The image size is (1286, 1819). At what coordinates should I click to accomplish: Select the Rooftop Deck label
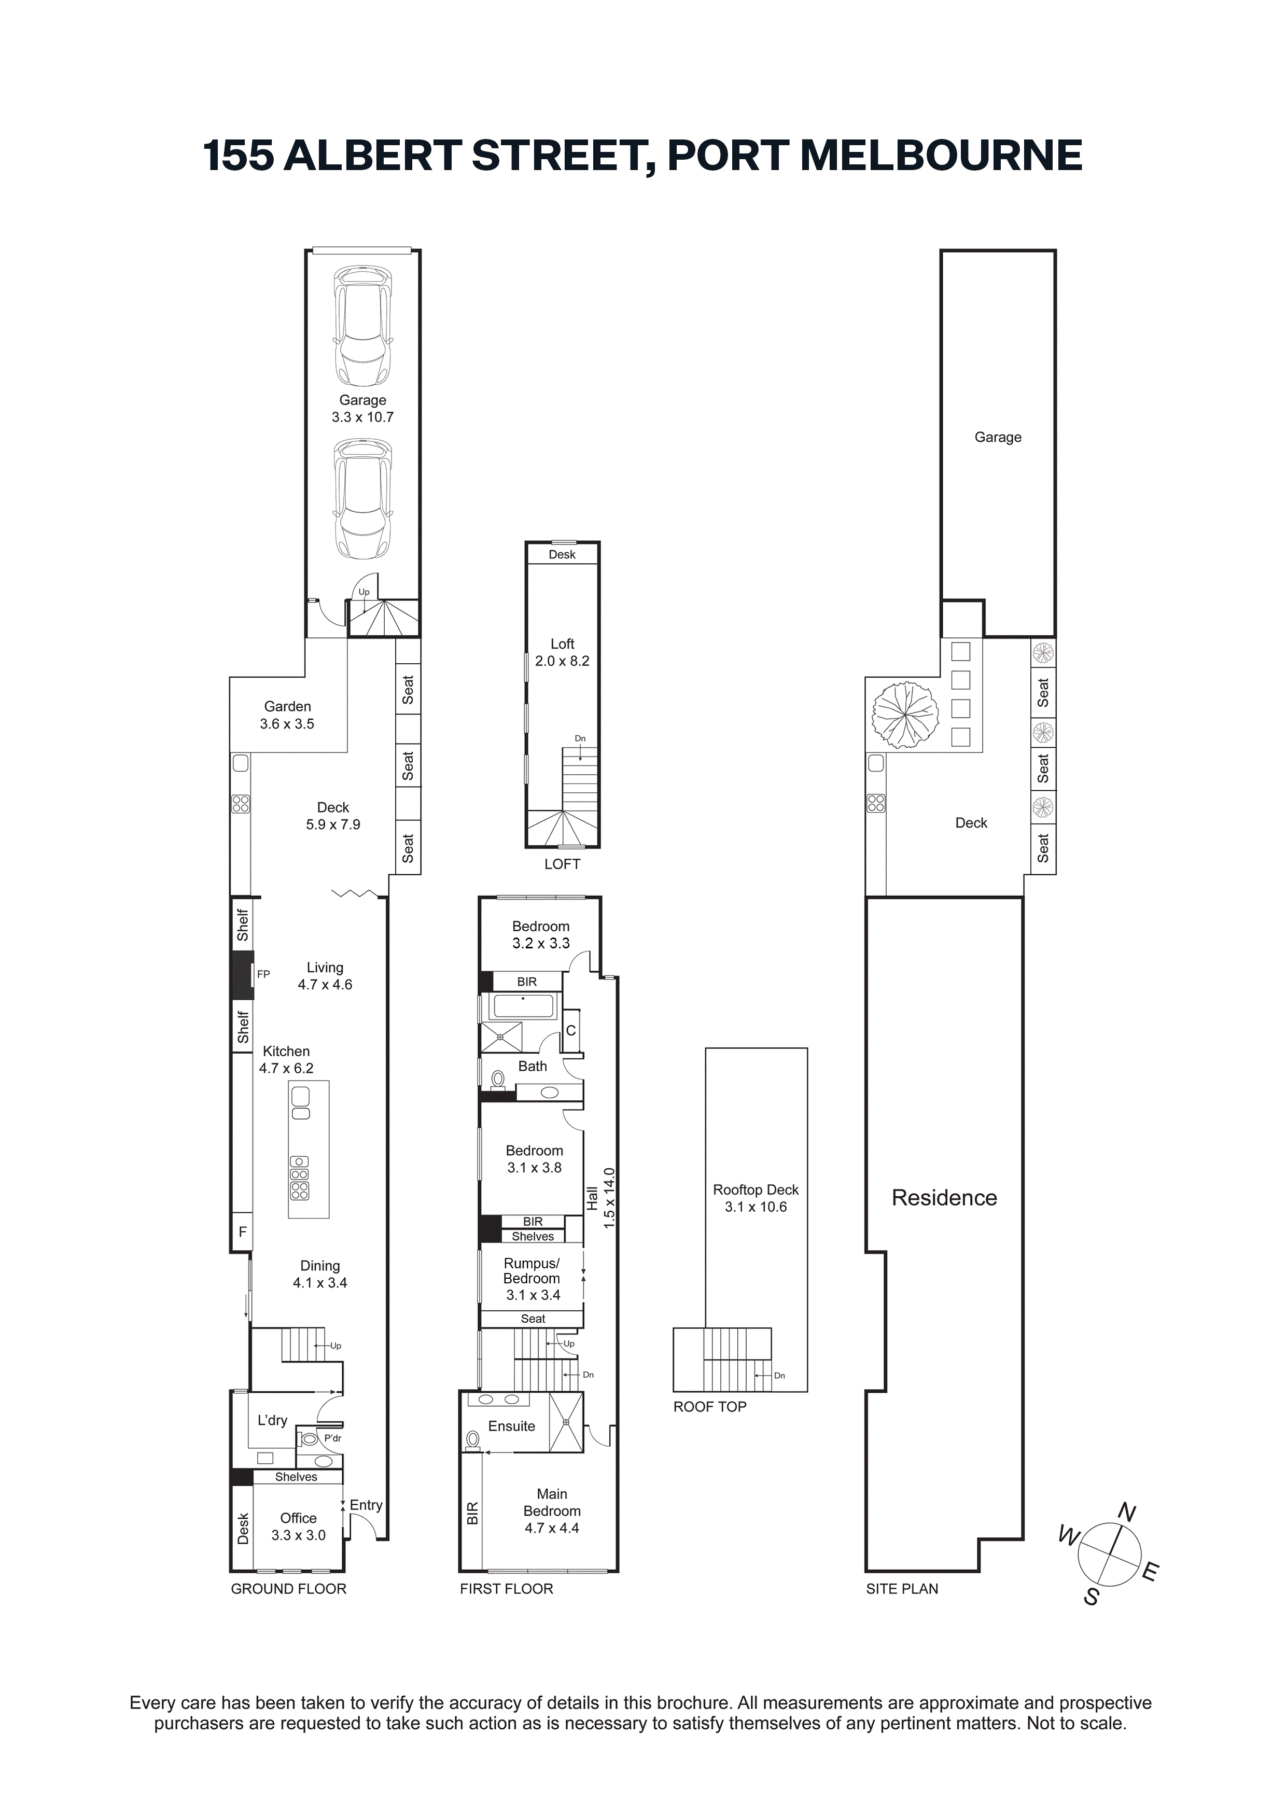click(756, 1190)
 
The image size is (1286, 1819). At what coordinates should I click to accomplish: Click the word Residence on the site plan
click(944, 1198)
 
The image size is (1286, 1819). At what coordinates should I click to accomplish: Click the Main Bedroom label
click(552, 1502)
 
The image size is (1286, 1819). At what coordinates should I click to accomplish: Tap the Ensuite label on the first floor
click(511, 1426)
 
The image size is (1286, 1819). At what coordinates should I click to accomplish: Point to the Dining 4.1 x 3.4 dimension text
click(320, 1283)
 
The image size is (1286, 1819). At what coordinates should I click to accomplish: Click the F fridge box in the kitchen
click(243, 1232)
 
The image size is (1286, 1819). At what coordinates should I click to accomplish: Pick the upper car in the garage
click(363, 326)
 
